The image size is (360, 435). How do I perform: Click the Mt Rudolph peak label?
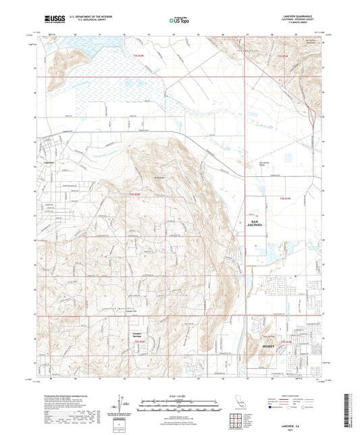click(x=159, y=178)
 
